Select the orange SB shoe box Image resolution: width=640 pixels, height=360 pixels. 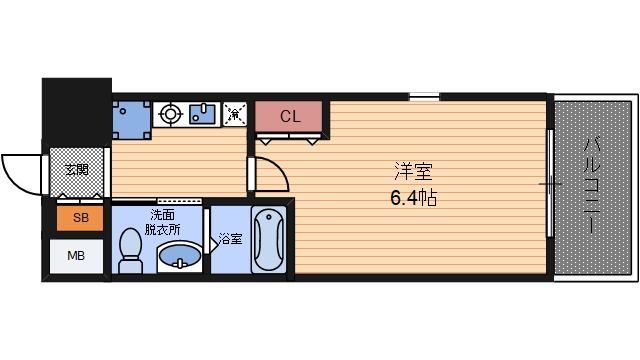pyautogui.click(x=76, y=218)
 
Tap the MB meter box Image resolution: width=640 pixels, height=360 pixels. pyautogui.click(x=76, y=256)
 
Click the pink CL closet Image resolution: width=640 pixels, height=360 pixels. pyautogui.click(x=289, y=117)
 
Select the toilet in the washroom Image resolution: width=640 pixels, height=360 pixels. pyautogui.click(x=130, y=249)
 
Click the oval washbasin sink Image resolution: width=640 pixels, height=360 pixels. pyautogui.click(x=181, y=259)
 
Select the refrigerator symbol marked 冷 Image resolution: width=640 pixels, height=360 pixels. pyautogui.click(x=236, y=114)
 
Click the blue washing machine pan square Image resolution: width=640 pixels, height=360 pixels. pyautogui.click(x=131, y=117)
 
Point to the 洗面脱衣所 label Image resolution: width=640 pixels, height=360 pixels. pyautogui.click(x=165, y=221)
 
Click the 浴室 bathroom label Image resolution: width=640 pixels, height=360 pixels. pyautogui.click(x=231, y=240)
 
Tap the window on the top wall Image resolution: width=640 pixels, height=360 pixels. pyautogui.click(x=424, y=96)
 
